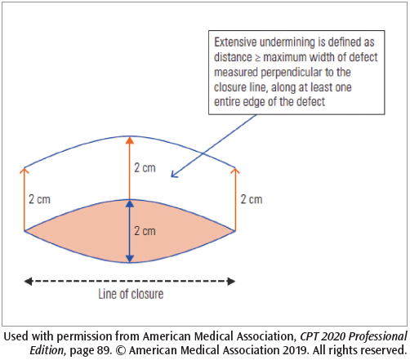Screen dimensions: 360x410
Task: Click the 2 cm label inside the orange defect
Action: [x=144, y=231]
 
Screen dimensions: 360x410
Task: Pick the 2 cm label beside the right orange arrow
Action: [x=251, y=199]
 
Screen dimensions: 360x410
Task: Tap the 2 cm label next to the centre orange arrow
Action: [x=144, y=168]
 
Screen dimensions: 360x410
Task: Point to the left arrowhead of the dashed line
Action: [x=27, y=281]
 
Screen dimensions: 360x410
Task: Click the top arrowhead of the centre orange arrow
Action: [x=129, y=140]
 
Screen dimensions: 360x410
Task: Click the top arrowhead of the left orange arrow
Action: [x=24, y=171]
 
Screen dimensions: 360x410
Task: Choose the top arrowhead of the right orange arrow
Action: [x=235, y=171]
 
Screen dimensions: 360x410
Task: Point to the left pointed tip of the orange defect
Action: [x=25, y=231]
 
